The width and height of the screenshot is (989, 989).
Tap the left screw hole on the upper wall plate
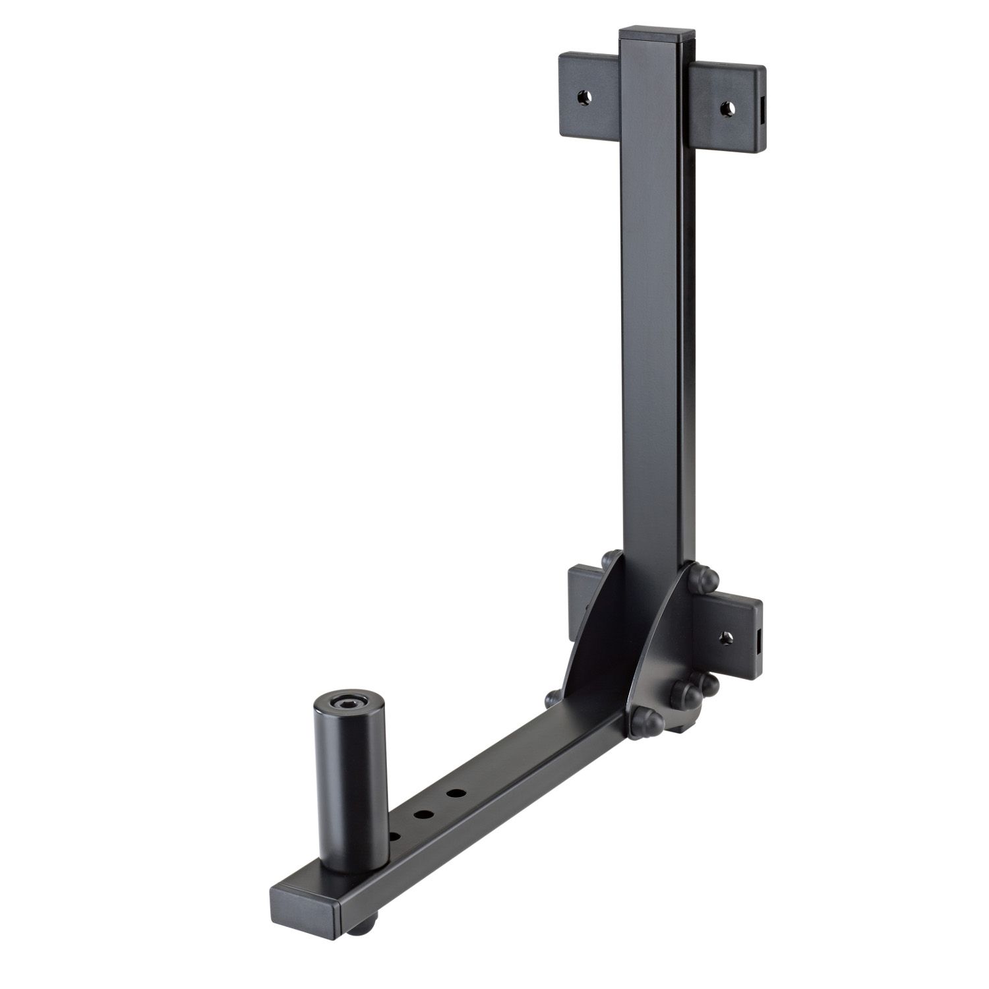[584, 97]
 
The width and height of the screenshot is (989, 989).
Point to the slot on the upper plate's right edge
[763, 108]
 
